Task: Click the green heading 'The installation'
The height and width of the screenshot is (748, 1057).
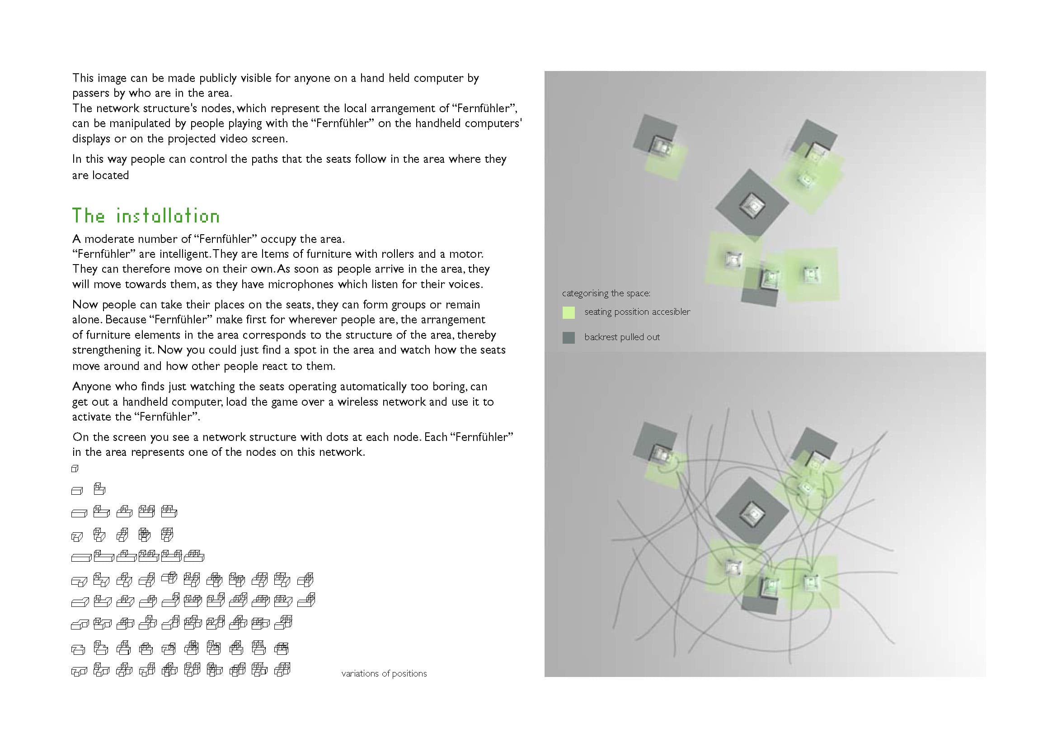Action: (146, 216)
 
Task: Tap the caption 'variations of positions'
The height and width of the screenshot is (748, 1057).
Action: (384, 673)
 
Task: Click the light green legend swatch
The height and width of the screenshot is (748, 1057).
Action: (568, 313)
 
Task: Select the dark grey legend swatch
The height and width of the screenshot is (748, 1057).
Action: (568, 338)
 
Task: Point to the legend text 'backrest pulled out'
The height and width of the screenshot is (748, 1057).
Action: (621, 337)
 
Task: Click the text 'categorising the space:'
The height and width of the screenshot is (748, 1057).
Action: (606, 294)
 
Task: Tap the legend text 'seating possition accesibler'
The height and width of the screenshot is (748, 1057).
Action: (637, 312)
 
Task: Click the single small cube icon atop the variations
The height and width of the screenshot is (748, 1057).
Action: (75, 469)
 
